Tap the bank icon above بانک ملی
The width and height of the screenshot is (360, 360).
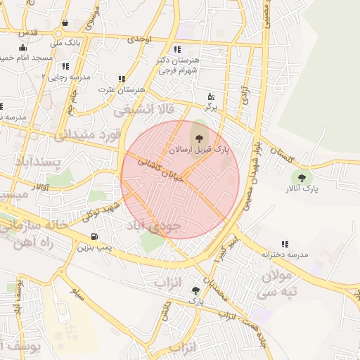[x=65, y=23]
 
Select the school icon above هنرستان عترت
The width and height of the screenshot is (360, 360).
[x=122, y=79]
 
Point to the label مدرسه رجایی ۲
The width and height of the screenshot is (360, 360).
[x=67, y=76]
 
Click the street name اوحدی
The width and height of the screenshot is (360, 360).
[x=139, y=40]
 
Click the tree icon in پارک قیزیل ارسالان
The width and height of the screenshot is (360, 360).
[x=198, y=137]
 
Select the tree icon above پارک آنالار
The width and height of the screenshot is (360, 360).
[x=302, y=178]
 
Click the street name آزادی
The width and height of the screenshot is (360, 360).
[x=245, y=98]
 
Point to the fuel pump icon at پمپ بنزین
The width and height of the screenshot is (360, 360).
[x=94, y=236]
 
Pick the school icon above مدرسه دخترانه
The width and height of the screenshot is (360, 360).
[x=285, y=243]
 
